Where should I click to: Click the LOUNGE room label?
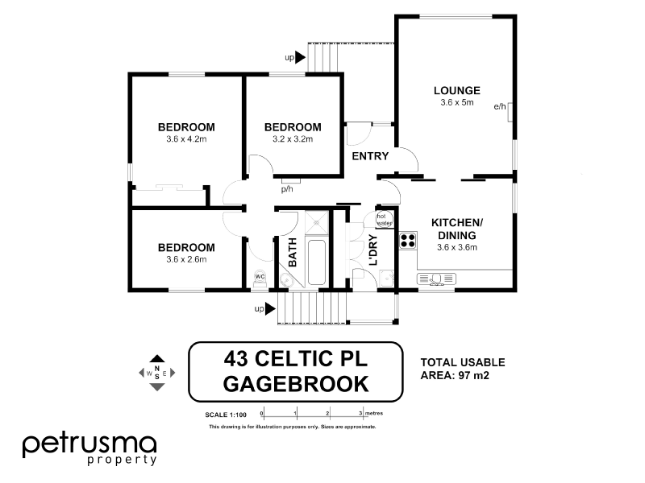click(x=456, y=90)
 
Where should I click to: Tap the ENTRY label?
click(x=370, y=156)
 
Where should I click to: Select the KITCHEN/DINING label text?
click(x=456, y=229)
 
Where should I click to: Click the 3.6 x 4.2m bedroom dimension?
click(x=186, y=139)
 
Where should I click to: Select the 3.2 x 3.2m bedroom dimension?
click(x=293, y=139)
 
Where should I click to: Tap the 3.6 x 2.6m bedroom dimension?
click(x=186, y=259)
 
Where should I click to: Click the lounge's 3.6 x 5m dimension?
click(x=456, y=103)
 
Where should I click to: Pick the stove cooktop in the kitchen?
click(x=407, y=239)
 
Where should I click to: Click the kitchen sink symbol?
click(x=436, y=279)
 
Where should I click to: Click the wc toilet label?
click(x=260, y=276)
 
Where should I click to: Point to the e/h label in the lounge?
click(x=499, y=106)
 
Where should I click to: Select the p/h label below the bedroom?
click(x=286, y=190)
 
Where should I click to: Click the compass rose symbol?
click(x=157, y=372)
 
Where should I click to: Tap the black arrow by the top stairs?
click(x=301, y=57)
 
